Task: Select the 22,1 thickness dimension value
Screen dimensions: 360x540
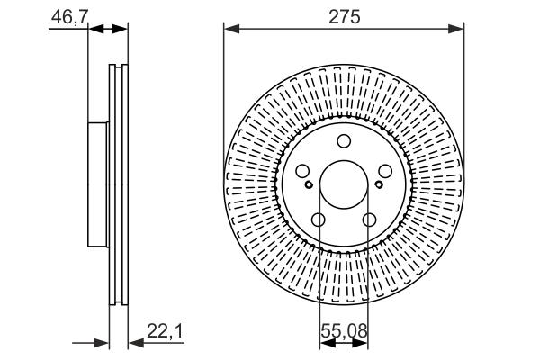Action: click(x=166, y=332)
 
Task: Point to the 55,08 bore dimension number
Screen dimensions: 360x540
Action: click(x=344, y=332)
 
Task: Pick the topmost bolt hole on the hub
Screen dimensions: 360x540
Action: click(x=344, y=140)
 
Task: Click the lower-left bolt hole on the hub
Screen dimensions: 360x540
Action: click(x=319, y=220)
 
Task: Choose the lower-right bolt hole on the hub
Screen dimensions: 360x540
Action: click(x=369, y=220)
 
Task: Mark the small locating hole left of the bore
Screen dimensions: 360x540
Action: click(x=309, y=185)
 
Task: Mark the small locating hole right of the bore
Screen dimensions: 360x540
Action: click(x=380, y=185)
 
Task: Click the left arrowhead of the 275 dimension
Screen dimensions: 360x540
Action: click(x=230, y=30)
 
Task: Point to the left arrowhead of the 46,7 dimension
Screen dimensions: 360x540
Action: click(x=94, y=30)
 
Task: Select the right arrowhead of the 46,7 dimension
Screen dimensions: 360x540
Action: click(x=121, y=30)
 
